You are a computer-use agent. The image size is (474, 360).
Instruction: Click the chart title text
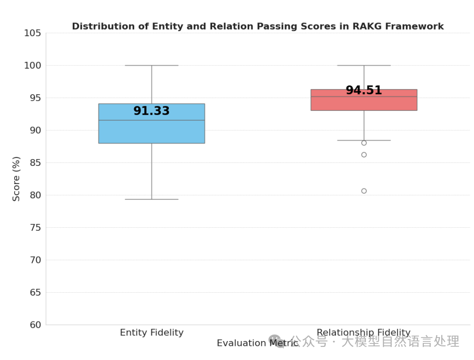(257, 26)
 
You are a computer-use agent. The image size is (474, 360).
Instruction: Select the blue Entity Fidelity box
(151, 132)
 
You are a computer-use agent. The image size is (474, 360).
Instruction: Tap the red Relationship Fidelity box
(363, 103)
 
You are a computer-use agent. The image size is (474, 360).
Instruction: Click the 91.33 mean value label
(151, 111)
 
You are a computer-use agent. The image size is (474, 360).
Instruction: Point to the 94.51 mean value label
(363, 91)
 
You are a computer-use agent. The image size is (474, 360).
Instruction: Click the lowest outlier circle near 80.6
(364, 191)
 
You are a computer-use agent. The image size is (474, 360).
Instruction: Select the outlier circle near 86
(364, 155)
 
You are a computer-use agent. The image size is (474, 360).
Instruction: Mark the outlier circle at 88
(364, 143)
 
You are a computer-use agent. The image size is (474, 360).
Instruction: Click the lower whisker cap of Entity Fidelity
(151, 199)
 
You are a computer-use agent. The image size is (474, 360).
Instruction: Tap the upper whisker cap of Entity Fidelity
(151, 65)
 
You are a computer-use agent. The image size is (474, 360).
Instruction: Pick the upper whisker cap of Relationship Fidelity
(363, 65)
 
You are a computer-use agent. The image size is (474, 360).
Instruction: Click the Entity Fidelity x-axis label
(152, 333)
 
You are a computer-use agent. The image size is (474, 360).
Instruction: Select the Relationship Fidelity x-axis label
(363, 333)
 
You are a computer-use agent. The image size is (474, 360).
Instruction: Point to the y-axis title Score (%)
(17, 179)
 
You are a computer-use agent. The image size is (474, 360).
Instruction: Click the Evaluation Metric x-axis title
(257, 343)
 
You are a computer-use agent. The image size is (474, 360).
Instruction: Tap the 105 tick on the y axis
(33, 33)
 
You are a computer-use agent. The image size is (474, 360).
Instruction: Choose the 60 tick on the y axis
(35, 325)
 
